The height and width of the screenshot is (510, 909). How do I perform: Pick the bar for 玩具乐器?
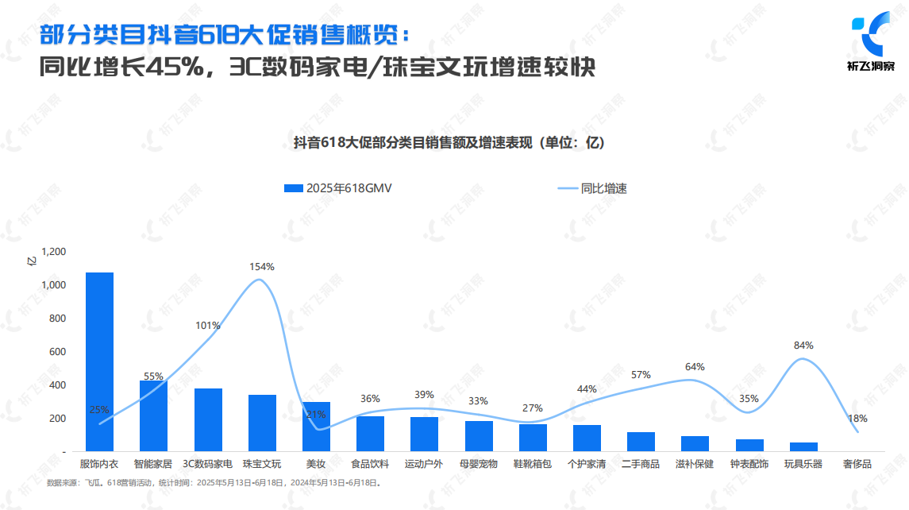803,446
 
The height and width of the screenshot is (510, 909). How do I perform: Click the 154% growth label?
262,267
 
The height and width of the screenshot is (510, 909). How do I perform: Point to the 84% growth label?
803,346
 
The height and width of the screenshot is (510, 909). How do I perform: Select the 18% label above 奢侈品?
857,419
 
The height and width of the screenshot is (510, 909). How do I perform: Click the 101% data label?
207,326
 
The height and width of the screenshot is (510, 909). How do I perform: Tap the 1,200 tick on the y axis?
54,251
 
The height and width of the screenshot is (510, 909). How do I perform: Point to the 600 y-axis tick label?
58,351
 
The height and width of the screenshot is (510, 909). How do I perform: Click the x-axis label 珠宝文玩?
262,464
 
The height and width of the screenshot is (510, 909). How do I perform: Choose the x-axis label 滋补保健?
695,464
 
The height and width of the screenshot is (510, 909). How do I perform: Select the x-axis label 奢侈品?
857,464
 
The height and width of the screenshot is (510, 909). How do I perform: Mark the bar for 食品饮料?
370,434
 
